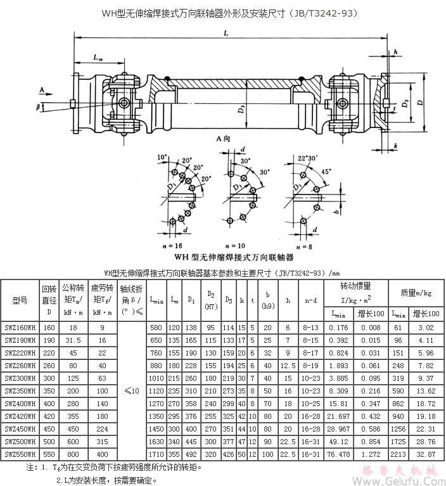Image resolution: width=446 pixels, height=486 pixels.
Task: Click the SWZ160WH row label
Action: coord(20,328)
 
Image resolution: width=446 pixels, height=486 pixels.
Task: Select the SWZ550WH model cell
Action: coord(20,455)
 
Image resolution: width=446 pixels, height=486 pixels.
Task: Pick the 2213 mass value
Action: coord(398,455)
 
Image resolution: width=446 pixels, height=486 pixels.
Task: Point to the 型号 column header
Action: coord(20,298)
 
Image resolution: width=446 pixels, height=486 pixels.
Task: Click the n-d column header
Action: coord(310,298)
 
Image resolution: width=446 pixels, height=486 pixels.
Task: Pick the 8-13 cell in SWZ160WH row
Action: coord(310,328)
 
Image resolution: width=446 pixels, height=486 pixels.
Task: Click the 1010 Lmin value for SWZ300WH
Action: coord(155,379)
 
